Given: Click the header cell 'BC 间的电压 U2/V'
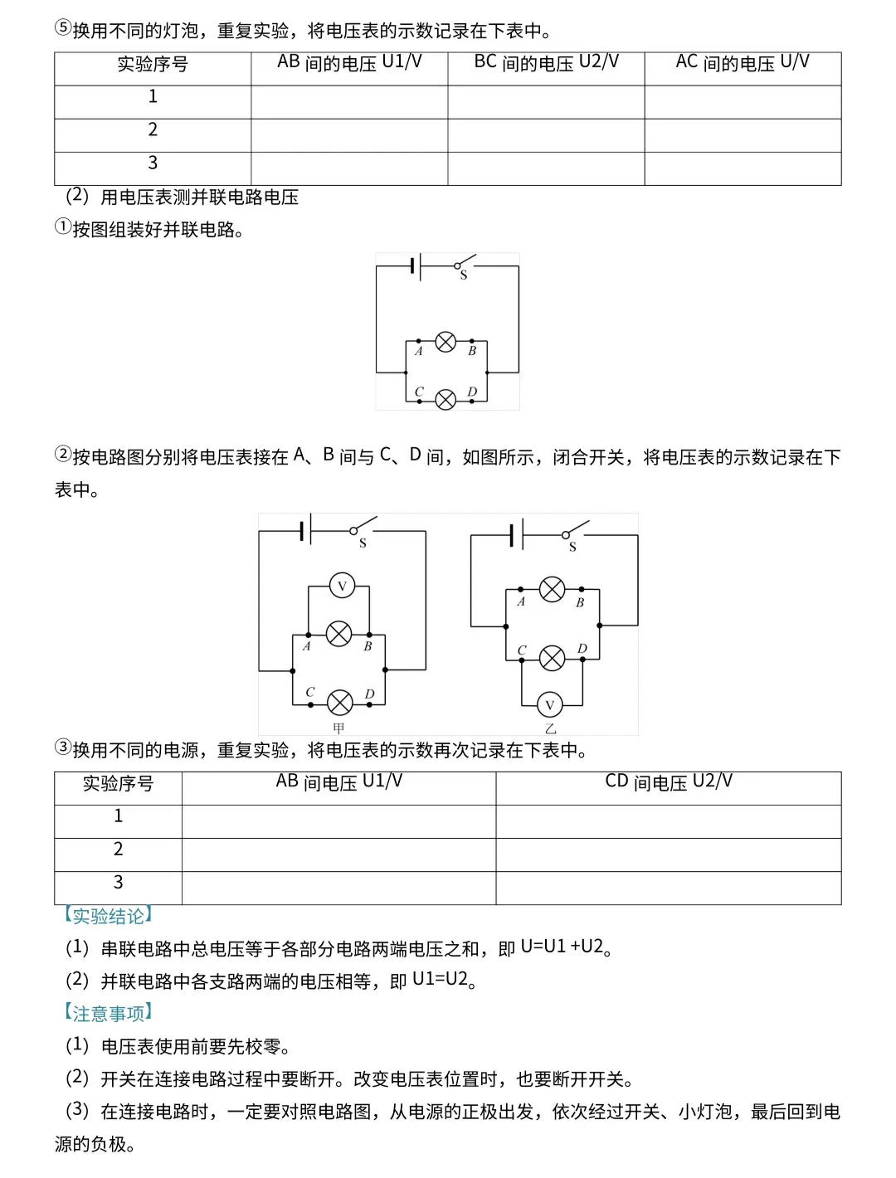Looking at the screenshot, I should (546, 63).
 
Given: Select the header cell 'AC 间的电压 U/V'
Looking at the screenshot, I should (743, 63).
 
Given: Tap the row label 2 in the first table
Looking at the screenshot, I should (153, 130).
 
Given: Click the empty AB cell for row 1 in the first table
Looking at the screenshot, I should (349, 102).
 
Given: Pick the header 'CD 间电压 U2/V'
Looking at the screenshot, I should (669, 782).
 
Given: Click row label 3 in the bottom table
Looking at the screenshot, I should (118, 883).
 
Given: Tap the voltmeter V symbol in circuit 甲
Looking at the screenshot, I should (342, 586).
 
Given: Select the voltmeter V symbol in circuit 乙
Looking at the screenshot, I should (549, 706).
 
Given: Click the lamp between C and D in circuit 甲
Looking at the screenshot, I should (340, 703).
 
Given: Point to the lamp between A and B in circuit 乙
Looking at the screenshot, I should (553, 590).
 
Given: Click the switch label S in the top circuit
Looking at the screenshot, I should (463, 275).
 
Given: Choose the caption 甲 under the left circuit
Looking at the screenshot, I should (338, 728).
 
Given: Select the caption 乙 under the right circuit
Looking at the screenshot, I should (550, 728).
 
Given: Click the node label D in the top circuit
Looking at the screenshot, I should (472, 392).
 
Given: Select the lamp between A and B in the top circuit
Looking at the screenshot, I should (446, 341).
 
